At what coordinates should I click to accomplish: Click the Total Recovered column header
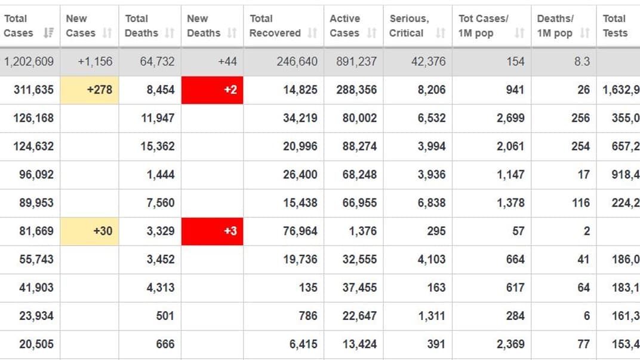275,26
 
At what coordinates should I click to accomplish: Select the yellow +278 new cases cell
90,90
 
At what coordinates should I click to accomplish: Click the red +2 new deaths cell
212,90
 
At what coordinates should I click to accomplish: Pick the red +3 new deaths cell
212,231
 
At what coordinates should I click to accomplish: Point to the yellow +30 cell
90,231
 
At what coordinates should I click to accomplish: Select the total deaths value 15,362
158,146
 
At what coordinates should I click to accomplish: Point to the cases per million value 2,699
510,118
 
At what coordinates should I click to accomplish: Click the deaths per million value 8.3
581,61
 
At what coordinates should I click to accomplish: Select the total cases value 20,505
36,344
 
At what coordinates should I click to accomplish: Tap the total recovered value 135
308,288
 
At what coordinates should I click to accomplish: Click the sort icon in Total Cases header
48,33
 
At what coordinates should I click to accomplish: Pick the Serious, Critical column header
410,26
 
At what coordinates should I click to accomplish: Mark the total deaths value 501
165,316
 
